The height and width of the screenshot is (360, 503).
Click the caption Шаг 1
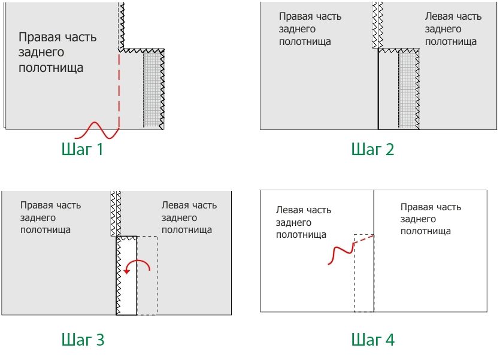83,149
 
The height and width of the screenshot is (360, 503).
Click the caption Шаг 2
372,149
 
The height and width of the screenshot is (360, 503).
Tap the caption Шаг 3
83,340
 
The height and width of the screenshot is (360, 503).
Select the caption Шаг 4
372,340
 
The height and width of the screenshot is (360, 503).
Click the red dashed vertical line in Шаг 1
119,90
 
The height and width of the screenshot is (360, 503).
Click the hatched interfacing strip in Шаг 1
154,90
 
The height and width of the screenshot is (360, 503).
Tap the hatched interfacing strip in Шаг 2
408,90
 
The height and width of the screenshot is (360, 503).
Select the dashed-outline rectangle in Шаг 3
147,276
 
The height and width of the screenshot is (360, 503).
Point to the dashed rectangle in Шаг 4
363,276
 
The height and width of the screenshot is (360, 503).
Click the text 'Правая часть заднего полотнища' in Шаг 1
57,52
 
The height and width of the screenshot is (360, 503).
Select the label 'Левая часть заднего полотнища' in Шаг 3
189,217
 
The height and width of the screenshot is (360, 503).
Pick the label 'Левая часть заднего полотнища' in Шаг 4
303,222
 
